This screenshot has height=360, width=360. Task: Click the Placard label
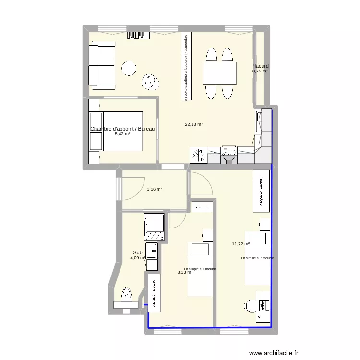coord(260,66)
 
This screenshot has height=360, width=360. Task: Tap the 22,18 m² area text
coord(193,124)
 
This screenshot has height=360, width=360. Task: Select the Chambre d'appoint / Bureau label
coord(122,129)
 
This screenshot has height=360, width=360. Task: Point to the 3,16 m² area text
coord(154,189)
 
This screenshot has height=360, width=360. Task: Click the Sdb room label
coord(137,252)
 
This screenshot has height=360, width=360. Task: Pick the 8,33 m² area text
coord(185,272)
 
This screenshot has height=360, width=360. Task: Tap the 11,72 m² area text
coord(240,244)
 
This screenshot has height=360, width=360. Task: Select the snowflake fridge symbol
coord(198,155)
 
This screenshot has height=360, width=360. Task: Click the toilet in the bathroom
coord(127,294)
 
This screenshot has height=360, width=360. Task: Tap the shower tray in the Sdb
coord(154,227)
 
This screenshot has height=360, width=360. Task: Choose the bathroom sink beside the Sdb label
coord(152,250)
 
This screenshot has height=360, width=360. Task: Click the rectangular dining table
coord(219,73)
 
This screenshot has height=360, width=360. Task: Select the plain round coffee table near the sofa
coord(130,69)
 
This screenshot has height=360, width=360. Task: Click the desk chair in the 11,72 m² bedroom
coord(250,305)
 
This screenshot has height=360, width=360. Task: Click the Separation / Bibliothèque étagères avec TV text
coord(185,67)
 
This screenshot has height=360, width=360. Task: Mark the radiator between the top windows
coord(136,35)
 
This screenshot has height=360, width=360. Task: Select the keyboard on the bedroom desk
coord(263,305)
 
